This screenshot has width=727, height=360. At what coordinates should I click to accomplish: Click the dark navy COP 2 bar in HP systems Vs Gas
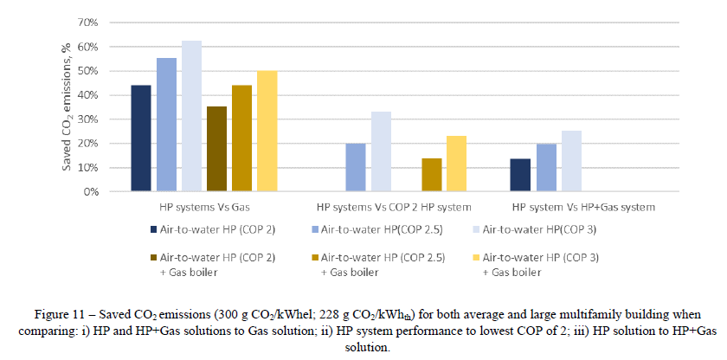click(x=141, y=138)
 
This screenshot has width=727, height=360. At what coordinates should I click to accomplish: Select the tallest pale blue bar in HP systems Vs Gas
click(x=191, y=116)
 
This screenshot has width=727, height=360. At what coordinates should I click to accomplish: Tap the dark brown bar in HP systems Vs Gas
click(x=216, y=149)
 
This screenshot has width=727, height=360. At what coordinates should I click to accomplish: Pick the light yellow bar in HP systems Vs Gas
click(x=267, y=131)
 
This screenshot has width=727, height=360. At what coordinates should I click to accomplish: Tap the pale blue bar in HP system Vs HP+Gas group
click(x=570, y=161)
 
